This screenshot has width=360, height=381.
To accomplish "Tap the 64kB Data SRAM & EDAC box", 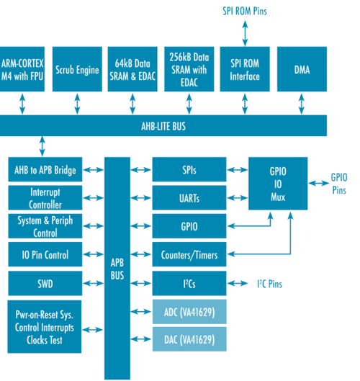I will click(x=134, y=67).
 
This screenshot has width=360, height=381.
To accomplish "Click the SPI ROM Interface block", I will click(x=245, y=67).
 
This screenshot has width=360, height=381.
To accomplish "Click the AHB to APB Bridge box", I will click(x=45, y=171).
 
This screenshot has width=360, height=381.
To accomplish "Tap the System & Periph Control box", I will click(x=45, y=227).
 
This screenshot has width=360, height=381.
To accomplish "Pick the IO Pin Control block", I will click(x=45, y=255).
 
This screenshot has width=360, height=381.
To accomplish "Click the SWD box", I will click(x=45, y=284).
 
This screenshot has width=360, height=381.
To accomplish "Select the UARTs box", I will click(x=189, y=198).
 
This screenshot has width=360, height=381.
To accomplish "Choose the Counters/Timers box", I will click(x=189, y=255).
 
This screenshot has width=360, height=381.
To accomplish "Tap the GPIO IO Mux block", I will click(x=276, y=183).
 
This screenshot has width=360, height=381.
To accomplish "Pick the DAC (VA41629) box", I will click(x=189, y=339).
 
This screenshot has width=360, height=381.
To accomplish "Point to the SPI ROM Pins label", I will click(x=245, y=12).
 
